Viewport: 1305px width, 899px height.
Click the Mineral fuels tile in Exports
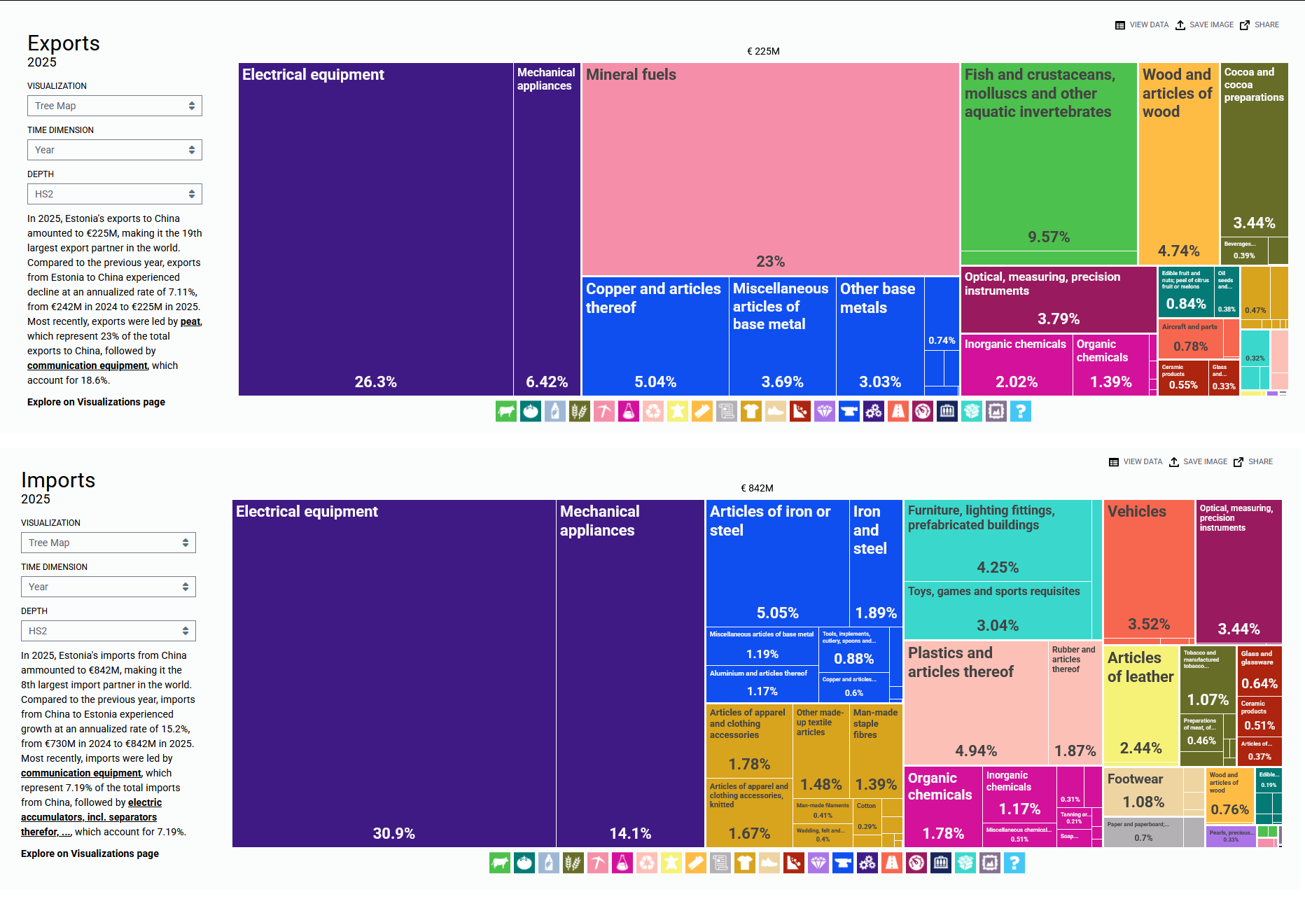tap(770, 168)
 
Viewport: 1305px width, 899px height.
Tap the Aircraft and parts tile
tap(1190, 339)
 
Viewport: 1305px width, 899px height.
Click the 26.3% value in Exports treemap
tap(375, 382)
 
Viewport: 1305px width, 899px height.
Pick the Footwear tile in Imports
tap(1144, 791)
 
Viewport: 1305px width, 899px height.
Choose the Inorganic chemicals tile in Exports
tap(1016, 364)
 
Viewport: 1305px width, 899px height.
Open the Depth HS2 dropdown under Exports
tap(114, 194)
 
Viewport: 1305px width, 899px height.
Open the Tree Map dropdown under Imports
tap(108, 543)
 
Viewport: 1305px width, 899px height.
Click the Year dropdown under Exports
tap(114, 150)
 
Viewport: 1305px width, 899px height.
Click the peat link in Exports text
tap(190, 321)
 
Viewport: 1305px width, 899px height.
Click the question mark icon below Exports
tap(1021, 411)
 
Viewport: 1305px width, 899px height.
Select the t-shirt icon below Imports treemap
tap(745, 863)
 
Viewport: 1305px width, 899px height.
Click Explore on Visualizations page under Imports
tap(90, 853)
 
